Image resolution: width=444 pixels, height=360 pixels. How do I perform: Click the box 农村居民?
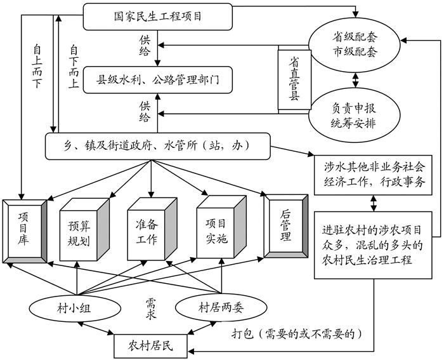click(x=150, y=346)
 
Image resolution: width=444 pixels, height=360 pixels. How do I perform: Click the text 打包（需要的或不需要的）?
click(x=301, y=333)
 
